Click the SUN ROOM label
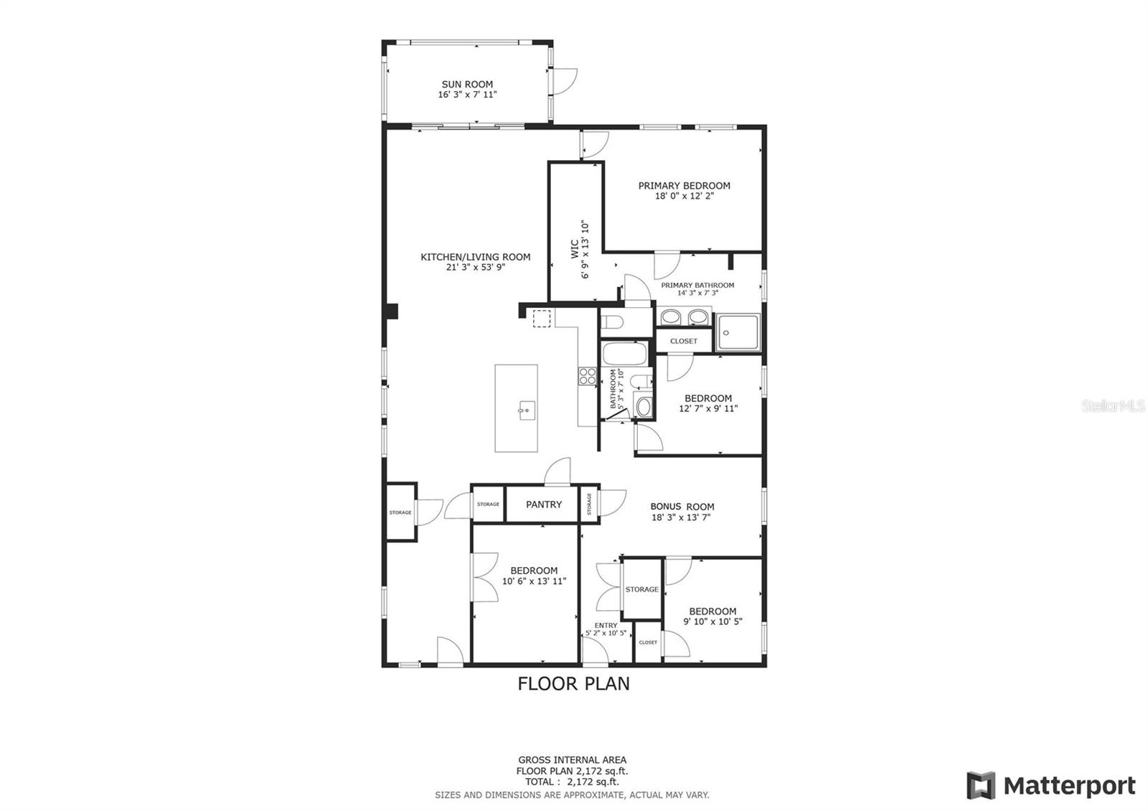(467, 84)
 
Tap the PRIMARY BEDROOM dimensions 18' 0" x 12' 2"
(684, 195)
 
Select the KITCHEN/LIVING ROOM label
(475, 257)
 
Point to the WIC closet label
(575, 249)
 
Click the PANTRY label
(544, 505)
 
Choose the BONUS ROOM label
(682, 506)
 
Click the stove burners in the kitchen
(587, 375)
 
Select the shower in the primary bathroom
(737, 332)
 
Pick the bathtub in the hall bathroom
(625, 353)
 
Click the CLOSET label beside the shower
(683, 341)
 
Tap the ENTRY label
(606, 625)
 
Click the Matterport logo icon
(980, 786)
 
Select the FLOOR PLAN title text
(573, 684)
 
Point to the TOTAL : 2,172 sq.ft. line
(572, 782)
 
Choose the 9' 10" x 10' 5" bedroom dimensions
(712, 622)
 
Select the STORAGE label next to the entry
(641, 589)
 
